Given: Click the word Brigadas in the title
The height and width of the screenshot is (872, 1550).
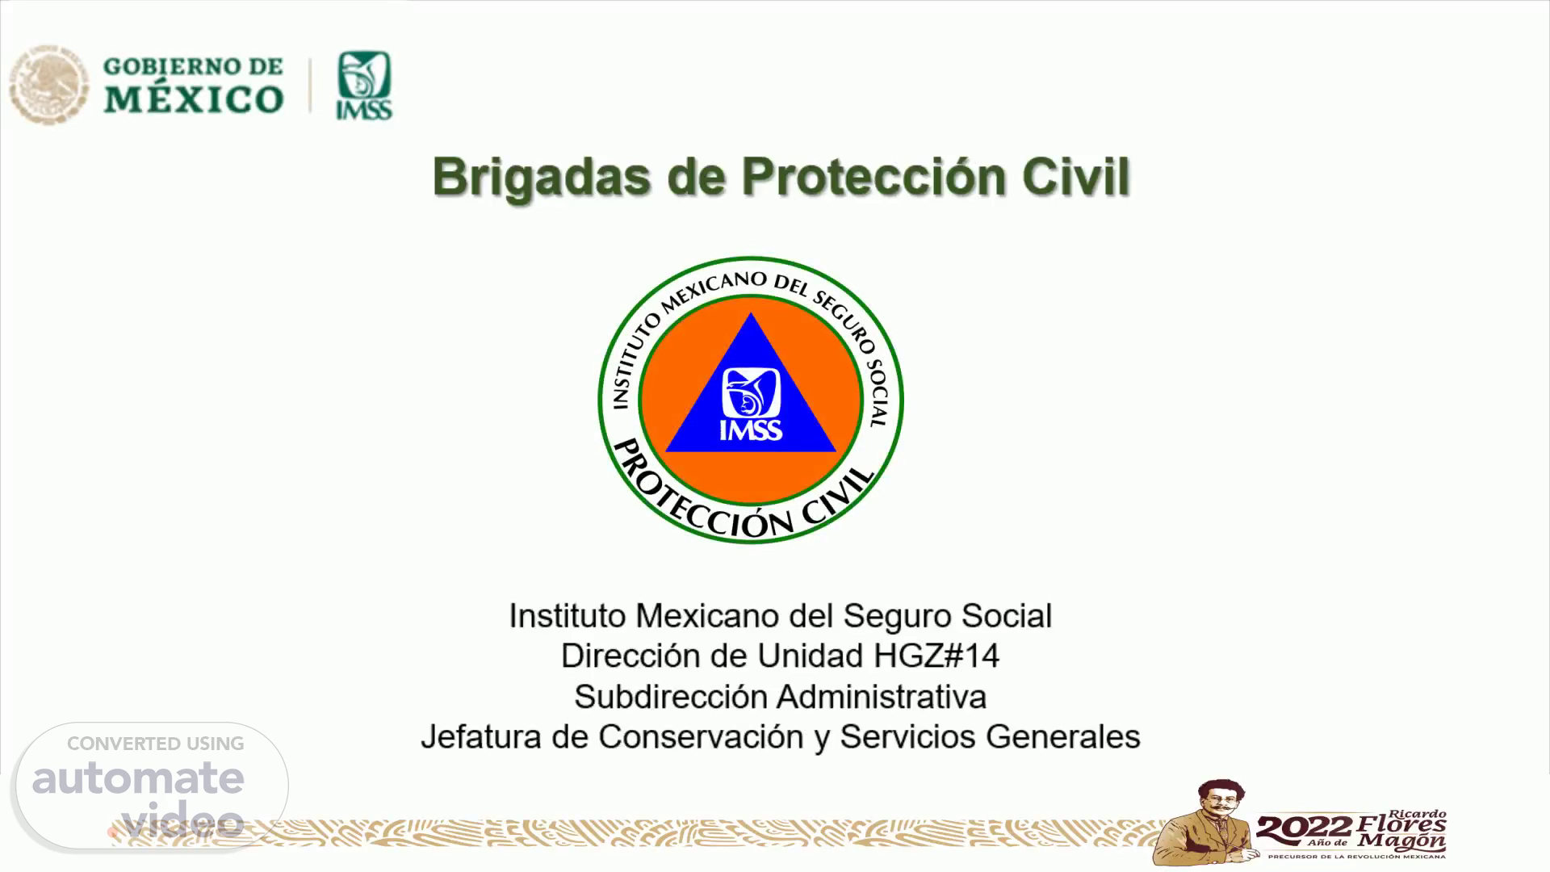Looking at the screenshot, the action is coord(542,178).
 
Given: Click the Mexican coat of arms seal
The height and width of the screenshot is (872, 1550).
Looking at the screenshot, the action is coord(48,84).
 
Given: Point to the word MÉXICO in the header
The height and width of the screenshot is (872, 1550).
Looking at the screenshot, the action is coord(194,99).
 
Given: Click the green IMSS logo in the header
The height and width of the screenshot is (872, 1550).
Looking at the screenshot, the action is coord(364,86).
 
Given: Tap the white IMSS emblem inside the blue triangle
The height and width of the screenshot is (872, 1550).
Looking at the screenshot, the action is coord(751,404).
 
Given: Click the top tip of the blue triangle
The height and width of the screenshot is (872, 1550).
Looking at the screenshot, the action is coord(751,313).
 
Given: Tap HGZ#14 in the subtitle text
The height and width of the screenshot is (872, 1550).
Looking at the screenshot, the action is coord(936,656).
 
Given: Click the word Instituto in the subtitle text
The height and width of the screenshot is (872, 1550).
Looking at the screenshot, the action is coord(568,616).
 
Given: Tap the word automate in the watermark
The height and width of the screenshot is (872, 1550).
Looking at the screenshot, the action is coord(138,777).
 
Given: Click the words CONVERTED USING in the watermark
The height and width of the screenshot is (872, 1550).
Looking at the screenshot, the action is coord(156,744).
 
